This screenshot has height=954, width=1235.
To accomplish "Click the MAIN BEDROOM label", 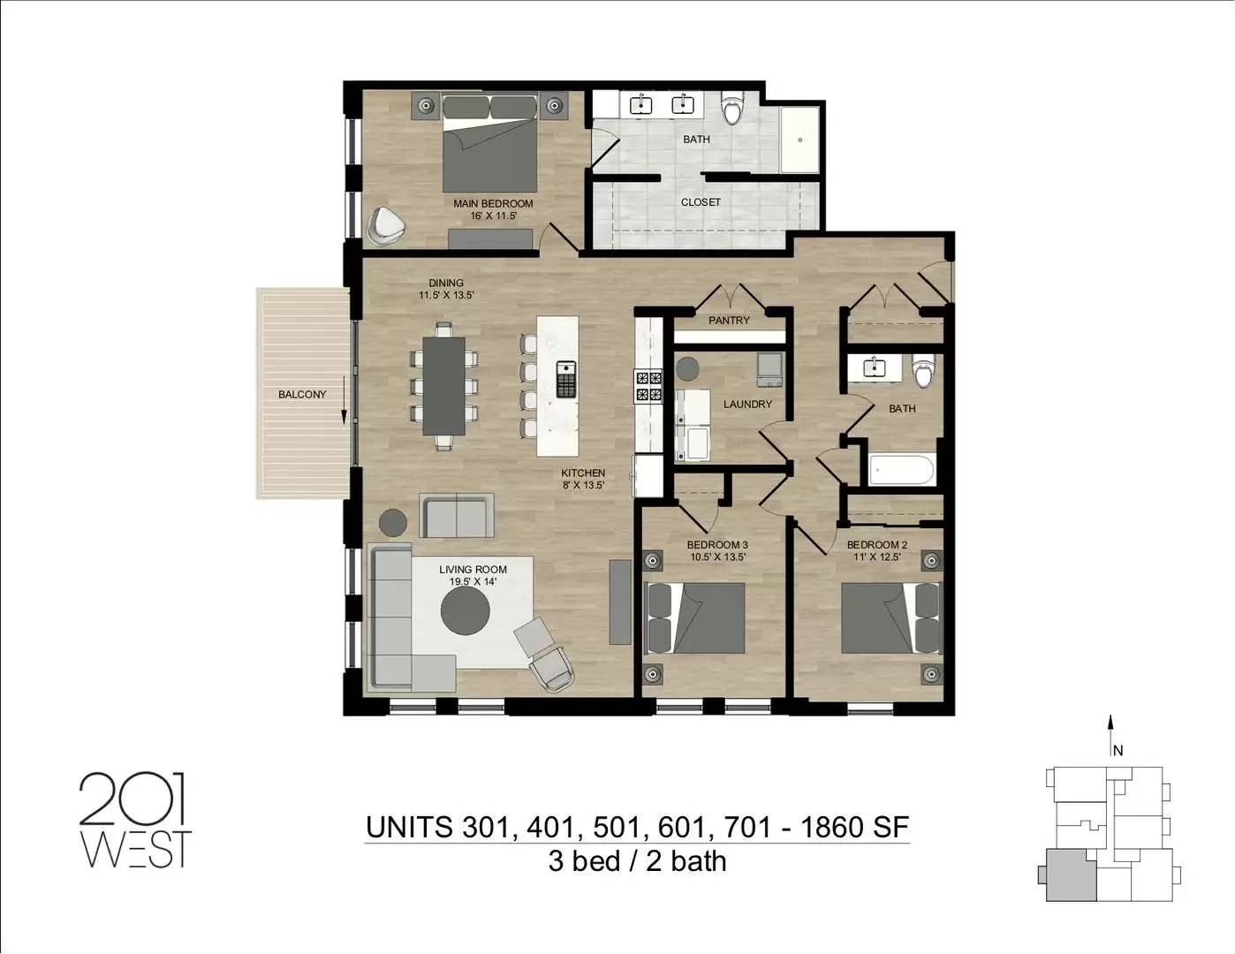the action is (493, 203).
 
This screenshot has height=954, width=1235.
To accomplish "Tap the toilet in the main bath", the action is (732, 109).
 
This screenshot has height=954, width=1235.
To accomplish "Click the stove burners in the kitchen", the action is (648, 386).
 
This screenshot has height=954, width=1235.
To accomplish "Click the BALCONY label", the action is (302, 394).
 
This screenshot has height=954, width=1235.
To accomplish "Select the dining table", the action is (443, 386).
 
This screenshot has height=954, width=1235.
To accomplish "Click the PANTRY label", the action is (729, 321).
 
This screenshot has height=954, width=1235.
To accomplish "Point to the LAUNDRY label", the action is (747, 404).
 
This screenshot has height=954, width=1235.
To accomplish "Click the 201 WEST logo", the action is (135, 819).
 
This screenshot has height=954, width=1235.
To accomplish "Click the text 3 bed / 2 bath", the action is (637, 861).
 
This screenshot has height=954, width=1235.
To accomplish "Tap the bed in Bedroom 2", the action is (890, 617).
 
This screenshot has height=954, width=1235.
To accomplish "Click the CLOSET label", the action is (701, 201).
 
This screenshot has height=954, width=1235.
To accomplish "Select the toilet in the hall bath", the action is (923, 370).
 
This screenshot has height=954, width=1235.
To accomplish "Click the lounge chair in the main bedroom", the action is (386, 226).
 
